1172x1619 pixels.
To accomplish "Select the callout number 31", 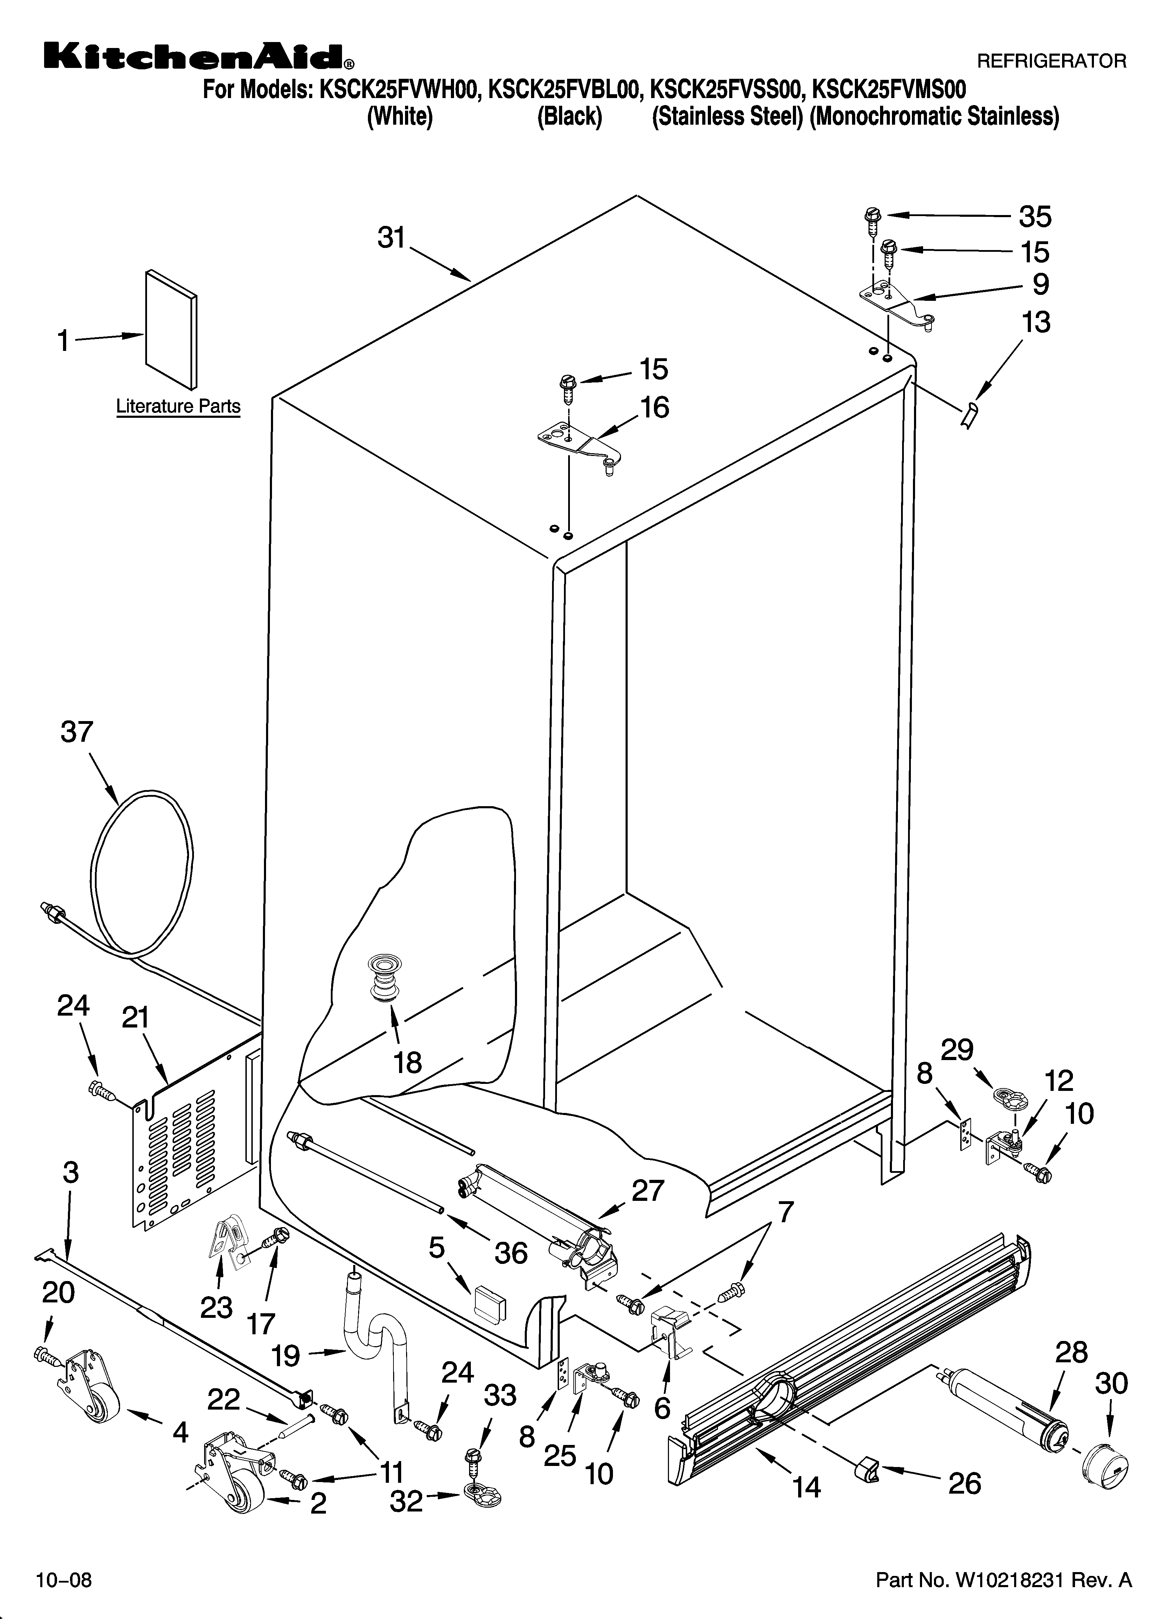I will click(391, 238).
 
